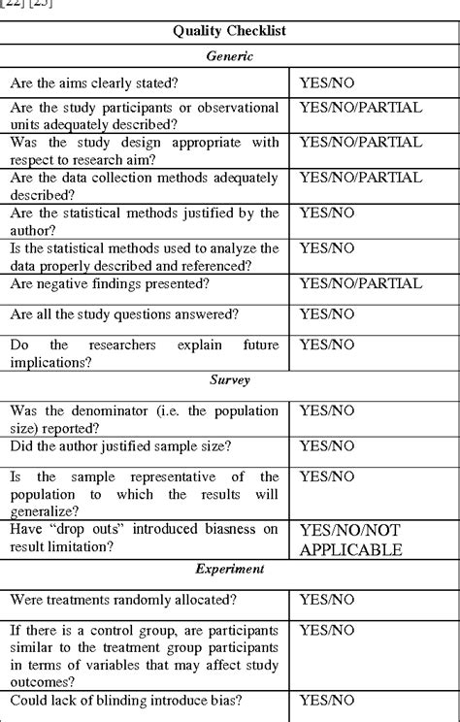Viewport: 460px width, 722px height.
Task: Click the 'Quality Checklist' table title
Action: tap(229, 31)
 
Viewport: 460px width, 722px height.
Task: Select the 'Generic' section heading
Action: tap(229, 56)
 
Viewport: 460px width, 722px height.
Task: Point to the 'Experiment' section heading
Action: tap(229, 570)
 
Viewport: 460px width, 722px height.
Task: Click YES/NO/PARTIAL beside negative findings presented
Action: tap(361, 283)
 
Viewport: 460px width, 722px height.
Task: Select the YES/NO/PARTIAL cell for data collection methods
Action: tap(361, 178)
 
